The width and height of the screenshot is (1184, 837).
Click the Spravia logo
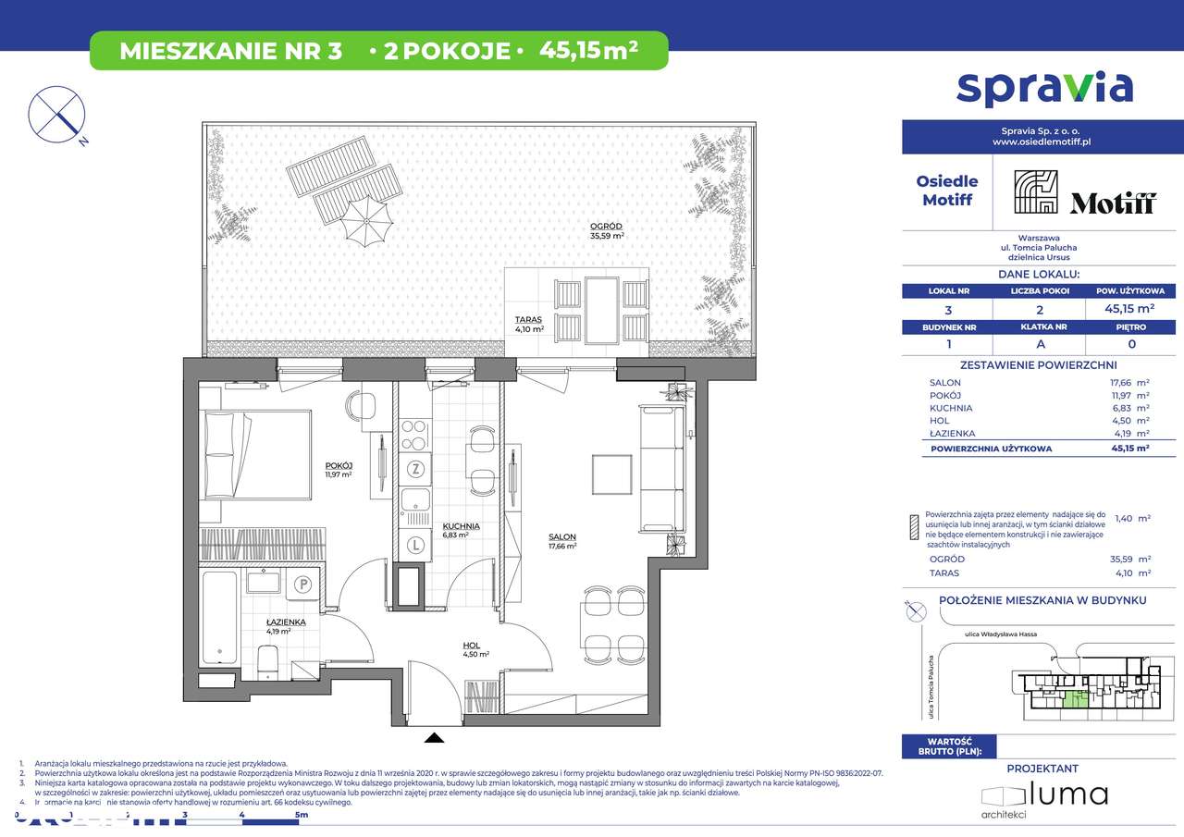(1044, 87)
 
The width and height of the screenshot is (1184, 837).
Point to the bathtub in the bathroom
(218, 617)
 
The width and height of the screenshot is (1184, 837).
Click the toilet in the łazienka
(266, 660)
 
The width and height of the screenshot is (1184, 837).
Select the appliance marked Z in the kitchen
(416, 469)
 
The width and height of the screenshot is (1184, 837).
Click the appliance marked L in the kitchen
(416, 546)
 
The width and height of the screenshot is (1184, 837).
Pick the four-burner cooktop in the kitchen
(415, 433)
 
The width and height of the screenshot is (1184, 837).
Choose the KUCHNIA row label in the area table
(950, 408)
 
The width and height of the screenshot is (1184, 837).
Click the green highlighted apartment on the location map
(1072, 703)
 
